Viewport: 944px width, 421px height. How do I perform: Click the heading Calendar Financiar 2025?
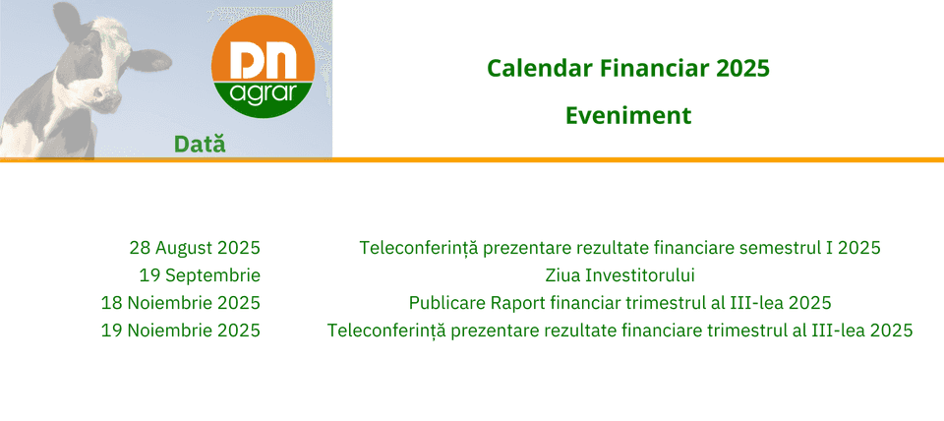coord(628,69)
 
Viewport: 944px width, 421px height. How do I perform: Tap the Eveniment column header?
coord(628,115)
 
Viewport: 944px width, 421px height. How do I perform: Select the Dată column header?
coord(200,144)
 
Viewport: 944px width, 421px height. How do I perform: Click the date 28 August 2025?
coord(195,248)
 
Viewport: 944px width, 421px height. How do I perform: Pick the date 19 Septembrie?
coord(200,276)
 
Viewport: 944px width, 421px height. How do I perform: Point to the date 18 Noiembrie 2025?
coord(181,302)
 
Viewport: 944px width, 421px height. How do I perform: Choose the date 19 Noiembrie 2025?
coord(181,331)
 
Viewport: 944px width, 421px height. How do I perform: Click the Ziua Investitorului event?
coord(620,275)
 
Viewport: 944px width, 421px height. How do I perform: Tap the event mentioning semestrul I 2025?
coord(620,248)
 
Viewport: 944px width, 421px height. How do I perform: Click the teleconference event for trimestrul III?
coord(620,331)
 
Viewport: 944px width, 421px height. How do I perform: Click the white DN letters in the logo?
coord(264,60)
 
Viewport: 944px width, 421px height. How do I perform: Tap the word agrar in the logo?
coord(264,95)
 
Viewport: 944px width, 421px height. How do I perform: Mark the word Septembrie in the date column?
coord(213,276)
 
